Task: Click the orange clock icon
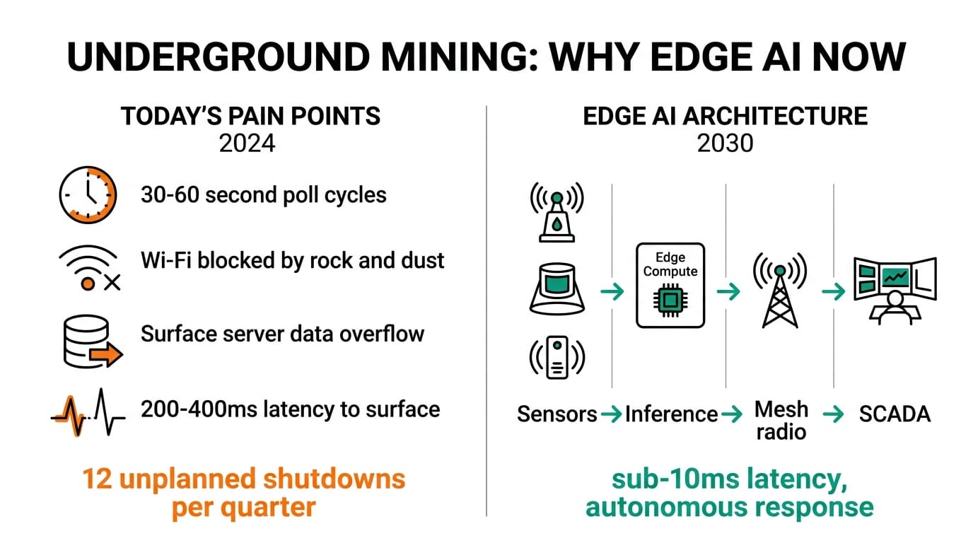(x=86, y=194)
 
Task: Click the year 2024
(x=247, y=143)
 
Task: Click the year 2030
(x=725, y=143)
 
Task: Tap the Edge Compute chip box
(x=670, y=285)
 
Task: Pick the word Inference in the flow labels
(x=671, y=414)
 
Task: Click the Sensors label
(x=557, y=414)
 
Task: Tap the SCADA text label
(x=895, y=414)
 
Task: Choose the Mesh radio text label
(x=781, y=420)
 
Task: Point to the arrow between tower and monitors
(x=834, y=291)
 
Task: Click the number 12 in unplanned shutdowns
(x=98, y=479)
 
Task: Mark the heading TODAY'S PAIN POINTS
(x=251, y=116)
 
